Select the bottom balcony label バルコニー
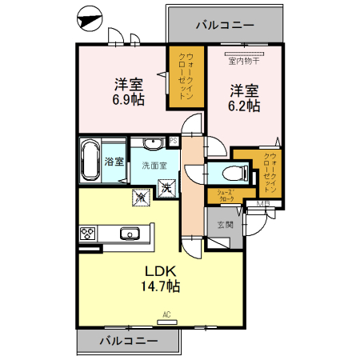[x=128, y=342]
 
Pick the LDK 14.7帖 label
[x=161, y=278]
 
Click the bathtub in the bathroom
[x=90, y=161]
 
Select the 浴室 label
[x=114, y=162]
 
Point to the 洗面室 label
[x=154, y=166]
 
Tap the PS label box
[x=174, y=142]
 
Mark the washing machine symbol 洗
[x=168, y=189]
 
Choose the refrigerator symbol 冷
[x=141, y=194]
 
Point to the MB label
[x=262, y=205]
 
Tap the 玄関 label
[x=225, y=226]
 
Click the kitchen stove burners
[x=88, y=234]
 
